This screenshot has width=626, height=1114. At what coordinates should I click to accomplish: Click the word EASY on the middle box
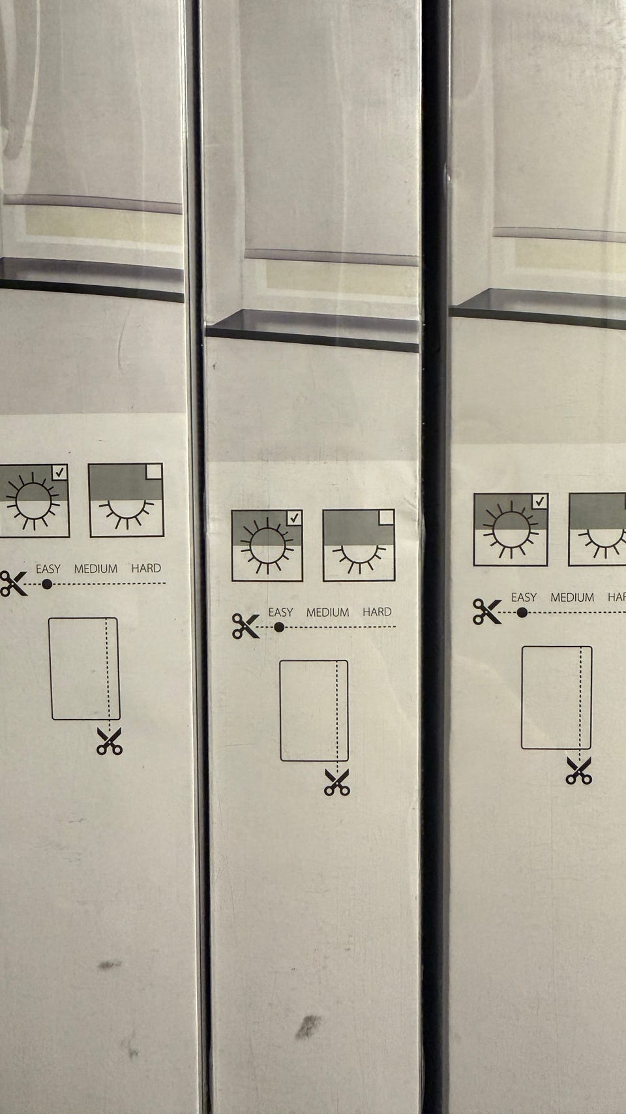pyautogui.click(x=280, y=612)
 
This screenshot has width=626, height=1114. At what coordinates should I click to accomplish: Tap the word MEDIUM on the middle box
pyautogui.click(x=327, y=612)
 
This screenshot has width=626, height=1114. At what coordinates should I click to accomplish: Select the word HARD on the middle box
pyautogui.click(x=377, y=611)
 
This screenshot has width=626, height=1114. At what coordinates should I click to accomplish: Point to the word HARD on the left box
pyautogui.click(x=146, y=568)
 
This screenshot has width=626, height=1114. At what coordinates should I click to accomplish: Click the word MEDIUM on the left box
pyautogui.click(x=96, y=568)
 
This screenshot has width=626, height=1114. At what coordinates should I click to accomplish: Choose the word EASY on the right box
pyautogui.click(x=524, y=597)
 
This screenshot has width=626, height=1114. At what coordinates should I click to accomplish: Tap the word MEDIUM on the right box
pyautogui.click(x=572, y=597)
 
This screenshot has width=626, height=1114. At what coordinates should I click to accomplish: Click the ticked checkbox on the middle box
pyautogui.click(x=294, y=518)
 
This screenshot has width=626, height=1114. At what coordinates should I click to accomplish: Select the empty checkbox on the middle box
pyautogui.click(x=386, y=518)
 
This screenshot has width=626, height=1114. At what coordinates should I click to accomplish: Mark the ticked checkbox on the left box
pyautogui.click(x=60, y=472)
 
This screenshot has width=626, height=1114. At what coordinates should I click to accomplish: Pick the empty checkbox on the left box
pyautogui.click(x=154, y=471)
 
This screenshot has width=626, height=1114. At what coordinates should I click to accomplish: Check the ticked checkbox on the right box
pyautogui.click(x=539, y=502)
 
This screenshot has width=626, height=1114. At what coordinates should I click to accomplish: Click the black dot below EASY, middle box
pyautogui.click(x=279, y=627)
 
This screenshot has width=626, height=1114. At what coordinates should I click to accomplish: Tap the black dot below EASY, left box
pyautogui.click(x=47, y=584)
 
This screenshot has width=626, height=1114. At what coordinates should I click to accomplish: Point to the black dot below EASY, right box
pyautogui.click(x=522, y=613)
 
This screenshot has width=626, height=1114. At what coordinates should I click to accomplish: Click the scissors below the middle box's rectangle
pyautogui.click(x=337, y=782)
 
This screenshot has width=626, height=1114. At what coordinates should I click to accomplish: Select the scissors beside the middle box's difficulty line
pyautogui.click(x=245, y=626)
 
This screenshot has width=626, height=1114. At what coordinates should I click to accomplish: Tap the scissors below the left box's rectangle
pyautogui.click(x=110, y=741)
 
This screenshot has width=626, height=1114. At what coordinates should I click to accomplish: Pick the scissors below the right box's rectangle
pyautogui.click(x=579, y=771)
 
